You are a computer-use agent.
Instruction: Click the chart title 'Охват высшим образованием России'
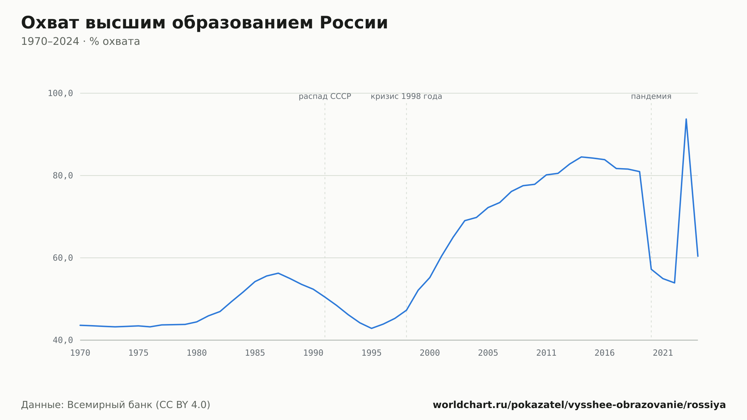click(x=204, y=23)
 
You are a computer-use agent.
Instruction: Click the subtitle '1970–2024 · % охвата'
click(x=80, y=41)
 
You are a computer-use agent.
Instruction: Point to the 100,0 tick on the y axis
click(x=60, y=93)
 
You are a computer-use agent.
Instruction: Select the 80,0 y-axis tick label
click(x=63, y=176)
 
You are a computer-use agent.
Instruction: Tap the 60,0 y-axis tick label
click(x=63, y=258)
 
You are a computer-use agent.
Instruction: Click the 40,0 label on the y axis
click(x=63, y=340)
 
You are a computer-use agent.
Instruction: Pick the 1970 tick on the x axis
click(x=80, y=353)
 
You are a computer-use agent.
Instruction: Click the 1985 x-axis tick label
click(x=255, y=353)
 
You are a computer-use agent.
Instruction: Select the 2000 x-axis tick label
click(x=430, y=353)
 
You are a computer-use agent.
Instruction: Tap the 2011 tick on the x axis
click(x=546, y=353)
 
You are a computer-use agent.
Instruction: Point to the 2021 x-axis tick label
click(x=663, y=353)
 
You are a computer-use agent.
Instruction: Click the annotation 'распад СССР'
click(x=325, y=96)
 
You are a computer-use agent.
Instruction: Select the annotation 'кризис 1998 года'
click(x=406, y=96)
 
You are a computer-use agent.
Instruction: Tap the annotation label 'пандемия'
click(x=651, y=96)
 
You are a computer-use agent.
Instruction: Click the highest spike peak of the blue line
click(x=686, y=119)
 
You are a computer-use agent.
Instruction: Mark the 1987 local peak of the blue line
click(x=278, y=273)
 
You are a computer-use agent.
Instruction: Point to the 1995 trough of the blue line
click(x=371, y=328)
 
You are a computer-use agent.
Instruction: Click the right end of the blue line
click(x=698, y=256)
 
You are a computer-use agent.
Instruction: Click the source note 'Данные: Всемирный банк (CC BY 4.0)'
click(x=116, y=405)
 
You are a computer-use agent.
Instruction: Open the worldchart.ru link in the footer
click(x=579, y=405)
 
